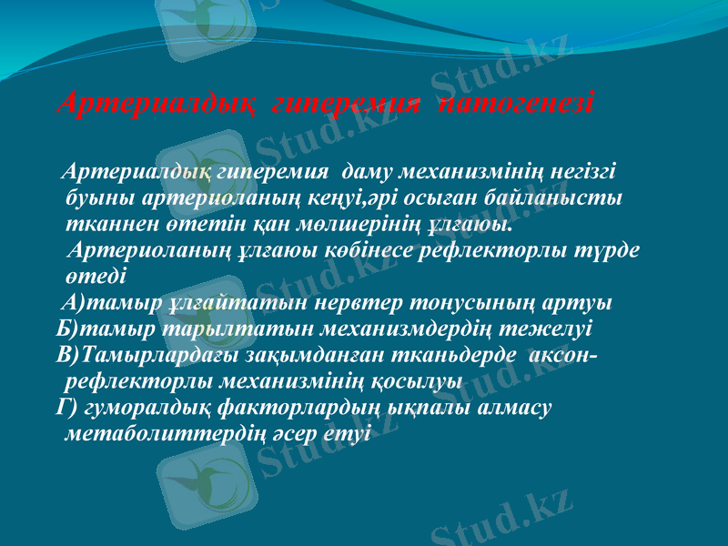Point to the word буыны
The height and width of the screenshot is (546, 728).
point(94,197)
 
